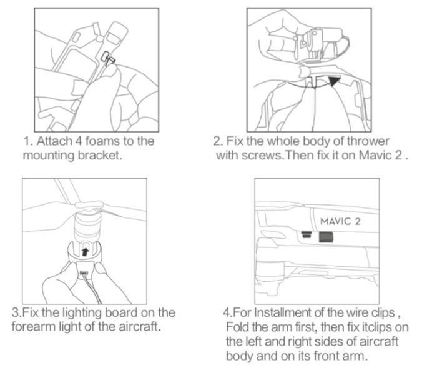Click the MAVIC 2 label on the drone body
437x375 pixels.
[x=340, y=221]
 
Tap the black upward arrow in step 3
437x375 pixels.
[x=85, y=252]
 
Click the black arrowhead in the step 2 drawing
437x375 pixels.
[x=334, y=81]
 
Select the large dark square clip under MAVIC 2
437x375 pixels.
[x=326, y=237]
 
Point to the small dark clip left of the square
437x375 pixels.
[x=307, y=234]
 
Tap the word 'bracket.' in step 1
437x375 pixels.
[x=100, y=155]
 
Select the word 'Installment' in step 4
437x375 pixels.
[x=282, y=312]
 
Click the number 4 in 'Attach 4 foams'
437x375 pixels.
[x=79, y=141]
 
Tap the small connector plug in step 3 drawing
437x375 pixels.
[x=84, y=273]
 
